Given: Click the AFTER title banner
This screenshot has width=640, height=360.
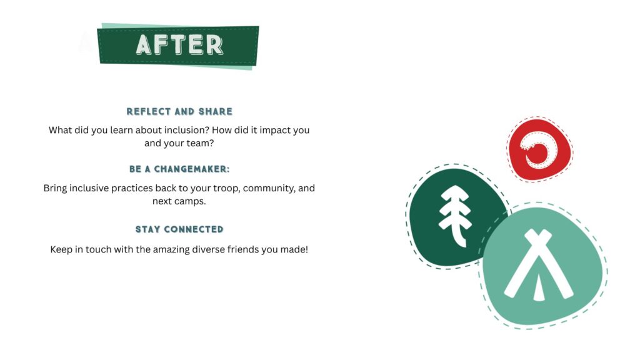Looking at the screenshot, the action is (x=178, y=46).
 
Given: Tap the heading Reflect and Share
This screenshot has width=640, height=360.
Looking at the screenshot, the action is (x=179, y=111).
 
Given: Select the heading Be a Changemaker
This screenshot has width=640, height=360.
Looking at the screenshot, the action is (x=179, y=169).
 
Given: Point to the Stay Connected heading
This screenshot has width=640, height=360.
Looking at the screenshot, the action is (x=179, y=229).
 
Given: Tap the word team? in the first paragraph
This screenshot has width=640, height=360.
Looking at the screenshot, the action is (x=201, y=143).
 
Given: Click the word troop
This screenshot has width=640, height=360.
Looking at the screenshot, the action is (x=227, y=189).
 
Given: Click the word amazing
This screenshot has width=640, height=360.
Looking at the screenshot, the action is (x=171, y=250).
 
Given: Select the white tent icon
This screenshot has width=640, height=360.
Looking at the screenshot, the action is (x=538, y=265).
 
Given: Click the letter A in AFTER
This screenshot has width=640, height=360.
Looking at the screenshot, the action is (x=144, y=45).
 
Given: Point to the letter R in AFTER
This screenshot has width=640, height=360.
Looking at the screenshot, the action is (x=214, y=45).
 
